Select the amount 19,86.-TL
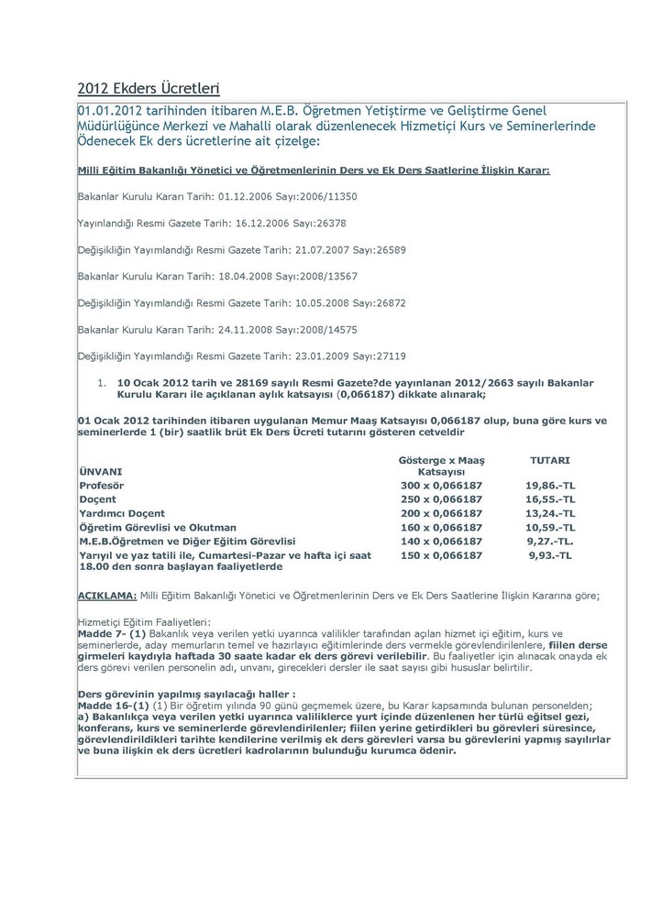[x=550, y=485]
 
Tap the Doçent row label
[x=98, y=499]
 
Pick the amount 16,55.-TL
[x=550, y=499]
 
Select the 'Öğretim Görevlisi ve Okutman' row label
[x=158, y=527]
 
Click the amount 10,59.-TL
[x=550, y=527]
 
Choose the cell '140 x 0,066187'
[x=442, y=541]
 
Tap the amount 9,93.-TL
[x=550, y=554]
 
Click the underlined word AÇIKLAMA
[x=107, y=596]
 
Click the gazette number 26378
[x=326, y=223]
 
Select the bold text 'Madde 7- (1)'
[x=110, y=633]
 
